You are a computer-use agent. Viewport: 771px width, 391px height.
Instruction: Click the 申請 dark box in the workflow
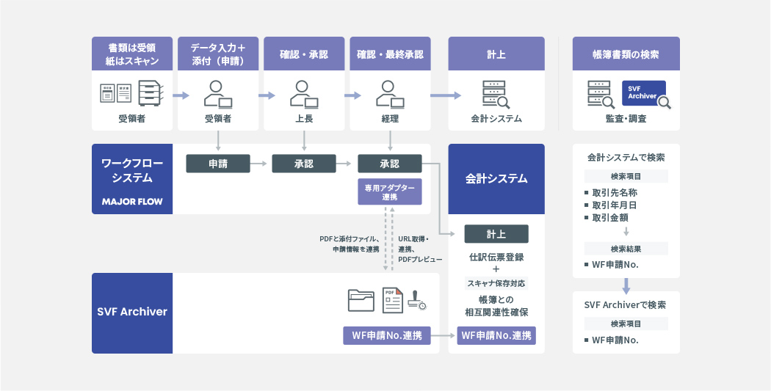(x=218, y=164)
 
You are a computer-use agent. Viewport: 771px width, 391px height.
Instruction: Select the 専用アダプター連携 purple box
(x=389, y=192)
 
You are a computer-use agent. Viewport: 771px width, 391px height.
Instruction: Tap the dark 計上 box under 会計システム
(x=496, y=234)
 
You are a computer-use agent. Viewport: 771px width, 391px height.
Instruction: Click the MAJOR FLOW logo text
(x=132, y=201)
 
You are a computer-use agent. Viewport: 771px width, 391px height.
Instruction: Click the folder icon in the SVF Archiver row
(x=361, y=299)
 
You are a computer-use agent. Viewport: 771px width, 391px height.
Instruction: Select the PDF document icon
(x=393, y=299)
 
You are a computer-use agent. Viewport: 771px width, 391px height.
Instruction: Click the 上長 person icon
(x=303, y=93)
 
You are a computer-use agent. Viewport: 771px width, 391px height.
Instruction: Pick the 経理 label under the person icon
(x=390, y=118)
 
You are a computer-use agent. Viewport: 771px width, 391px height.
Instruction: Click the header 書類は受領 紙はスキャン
(x=132, y=54)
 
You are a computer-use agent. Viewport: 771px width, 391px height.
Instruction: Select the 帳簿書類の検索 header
(x=626, y=54)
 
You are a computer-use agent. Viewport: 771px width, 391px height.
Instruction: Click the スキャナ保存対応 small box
(x=496, y=283)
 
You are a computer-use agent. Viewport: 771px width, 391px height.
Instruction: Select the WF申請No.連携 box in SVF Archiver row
(x=387, y=336)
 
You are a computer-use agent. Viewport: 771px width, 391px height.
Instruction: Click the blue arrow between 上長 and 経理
(x=353, y=95)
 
